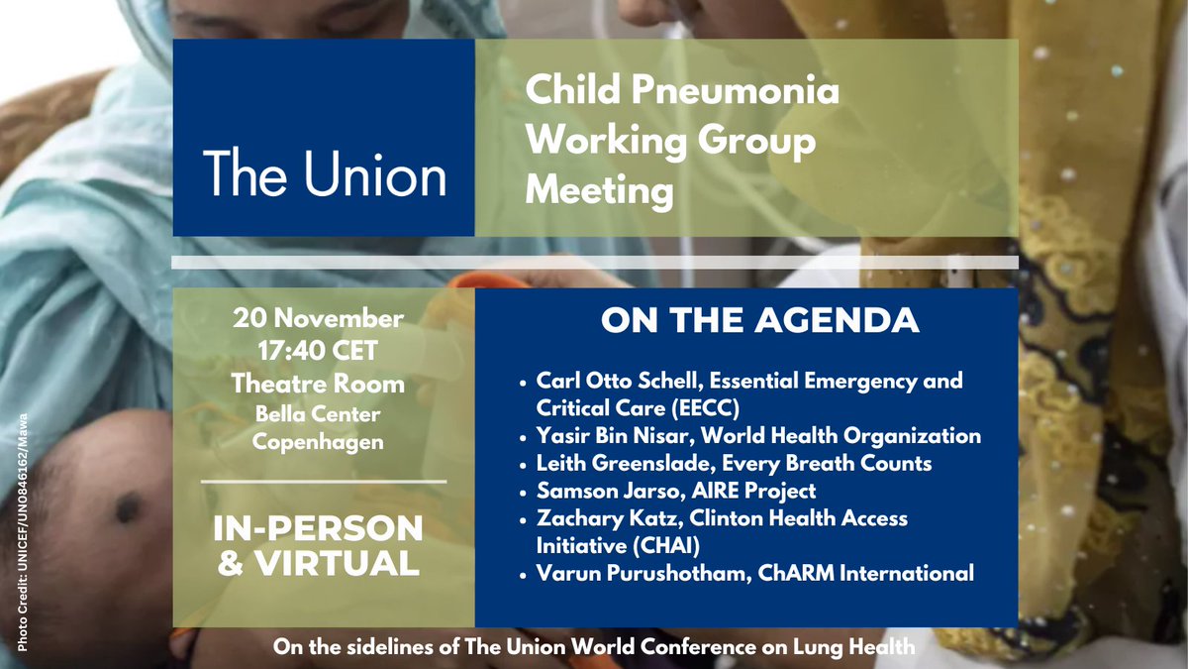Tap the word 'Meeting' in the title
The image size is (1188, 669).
(x=599, y=188)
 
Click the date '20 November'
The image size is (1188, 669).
(x=318, y=319)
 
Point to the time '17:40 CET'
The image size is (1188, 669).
(x=318, y=351)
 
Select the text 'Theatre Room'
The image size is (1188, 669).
(x=318, y=384)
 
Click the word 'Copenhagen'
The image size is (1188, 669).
(x=318, y=442)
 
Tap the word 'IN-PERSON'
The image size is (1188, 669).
(x=318, y=527)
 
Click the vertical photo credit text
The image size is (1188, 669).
(x=22, y=532)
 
